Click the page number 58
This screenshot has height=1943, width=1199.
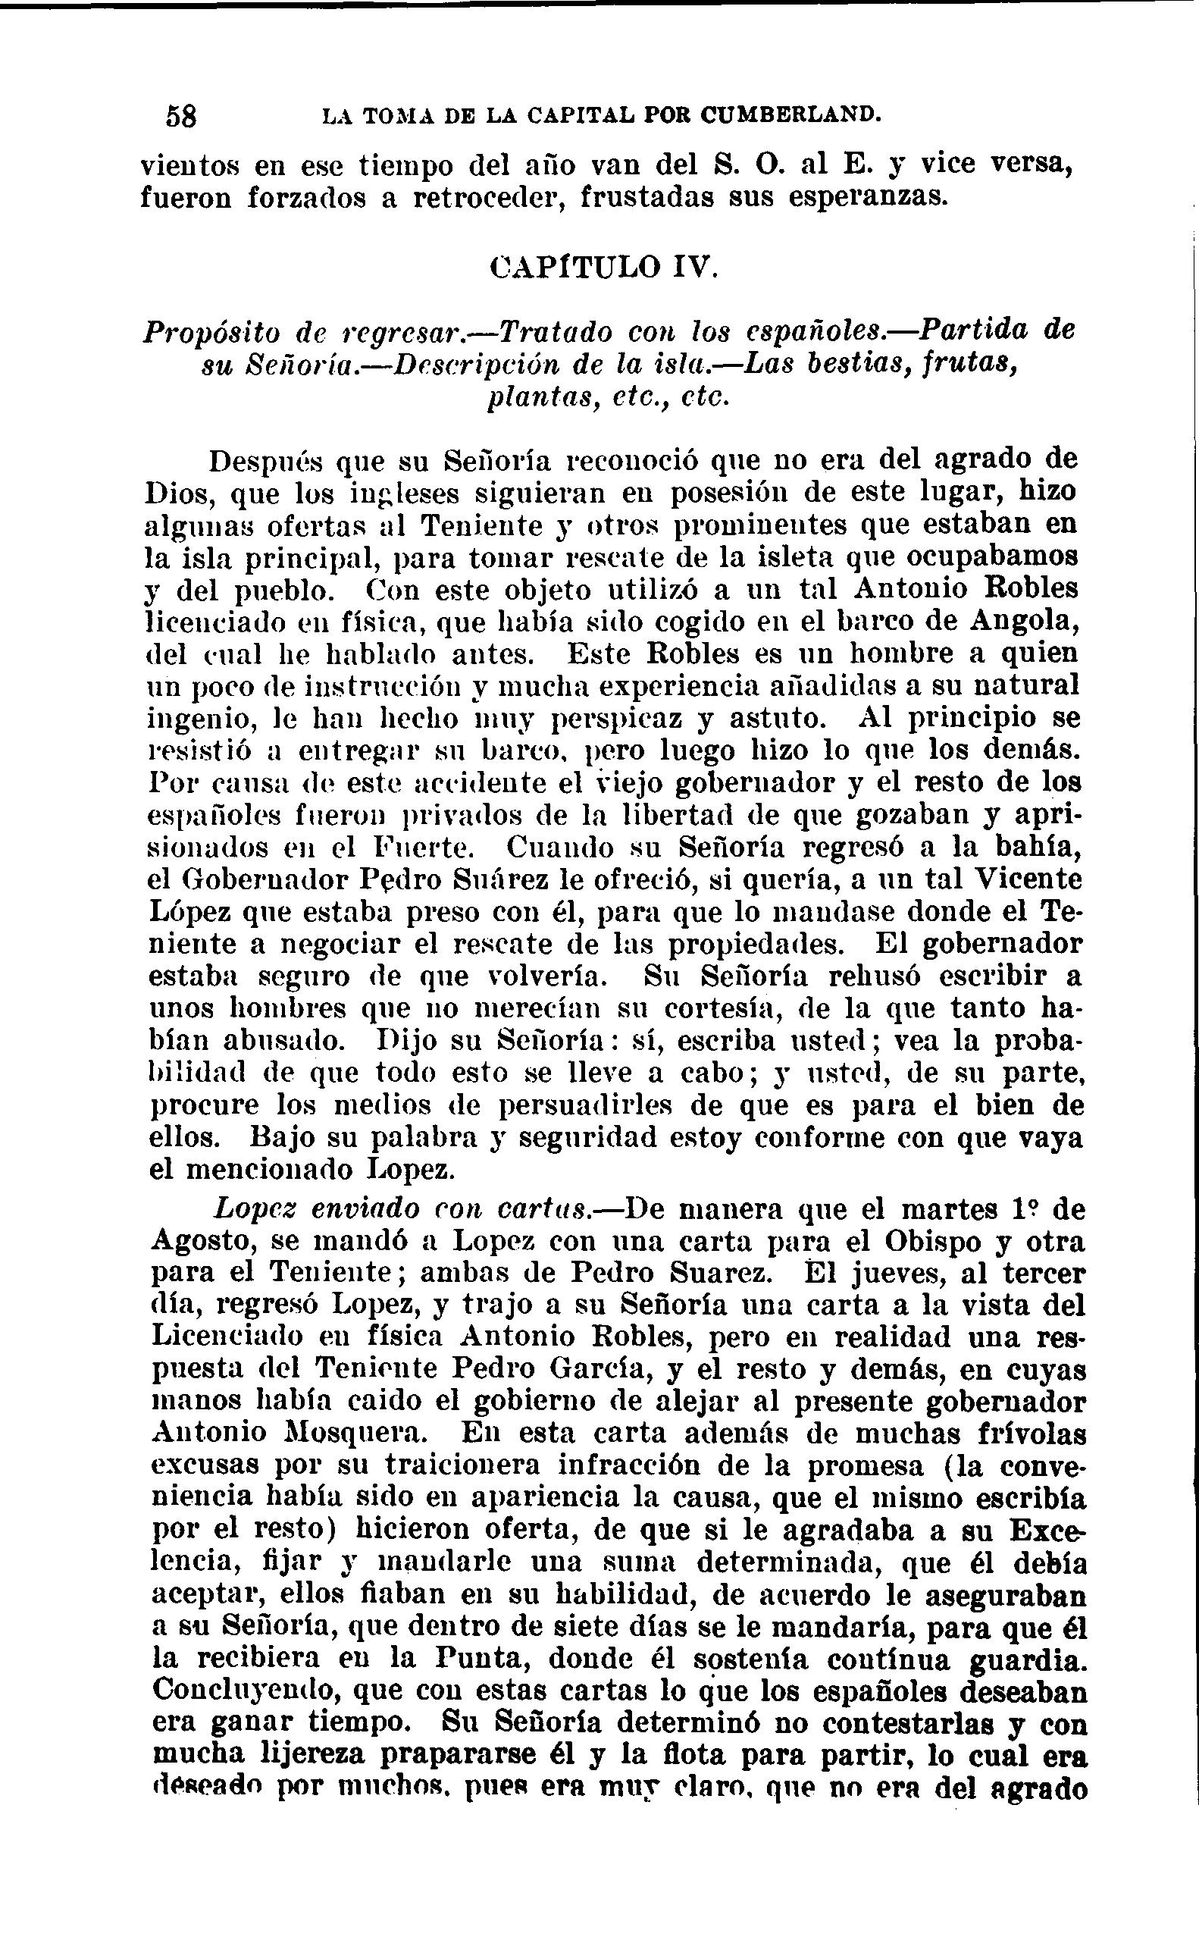point(182,117)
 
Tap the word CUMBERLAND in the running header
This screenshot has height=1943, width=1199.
point(790,115)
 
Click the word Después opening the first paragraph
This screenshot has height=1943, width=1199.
point(264,461)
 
